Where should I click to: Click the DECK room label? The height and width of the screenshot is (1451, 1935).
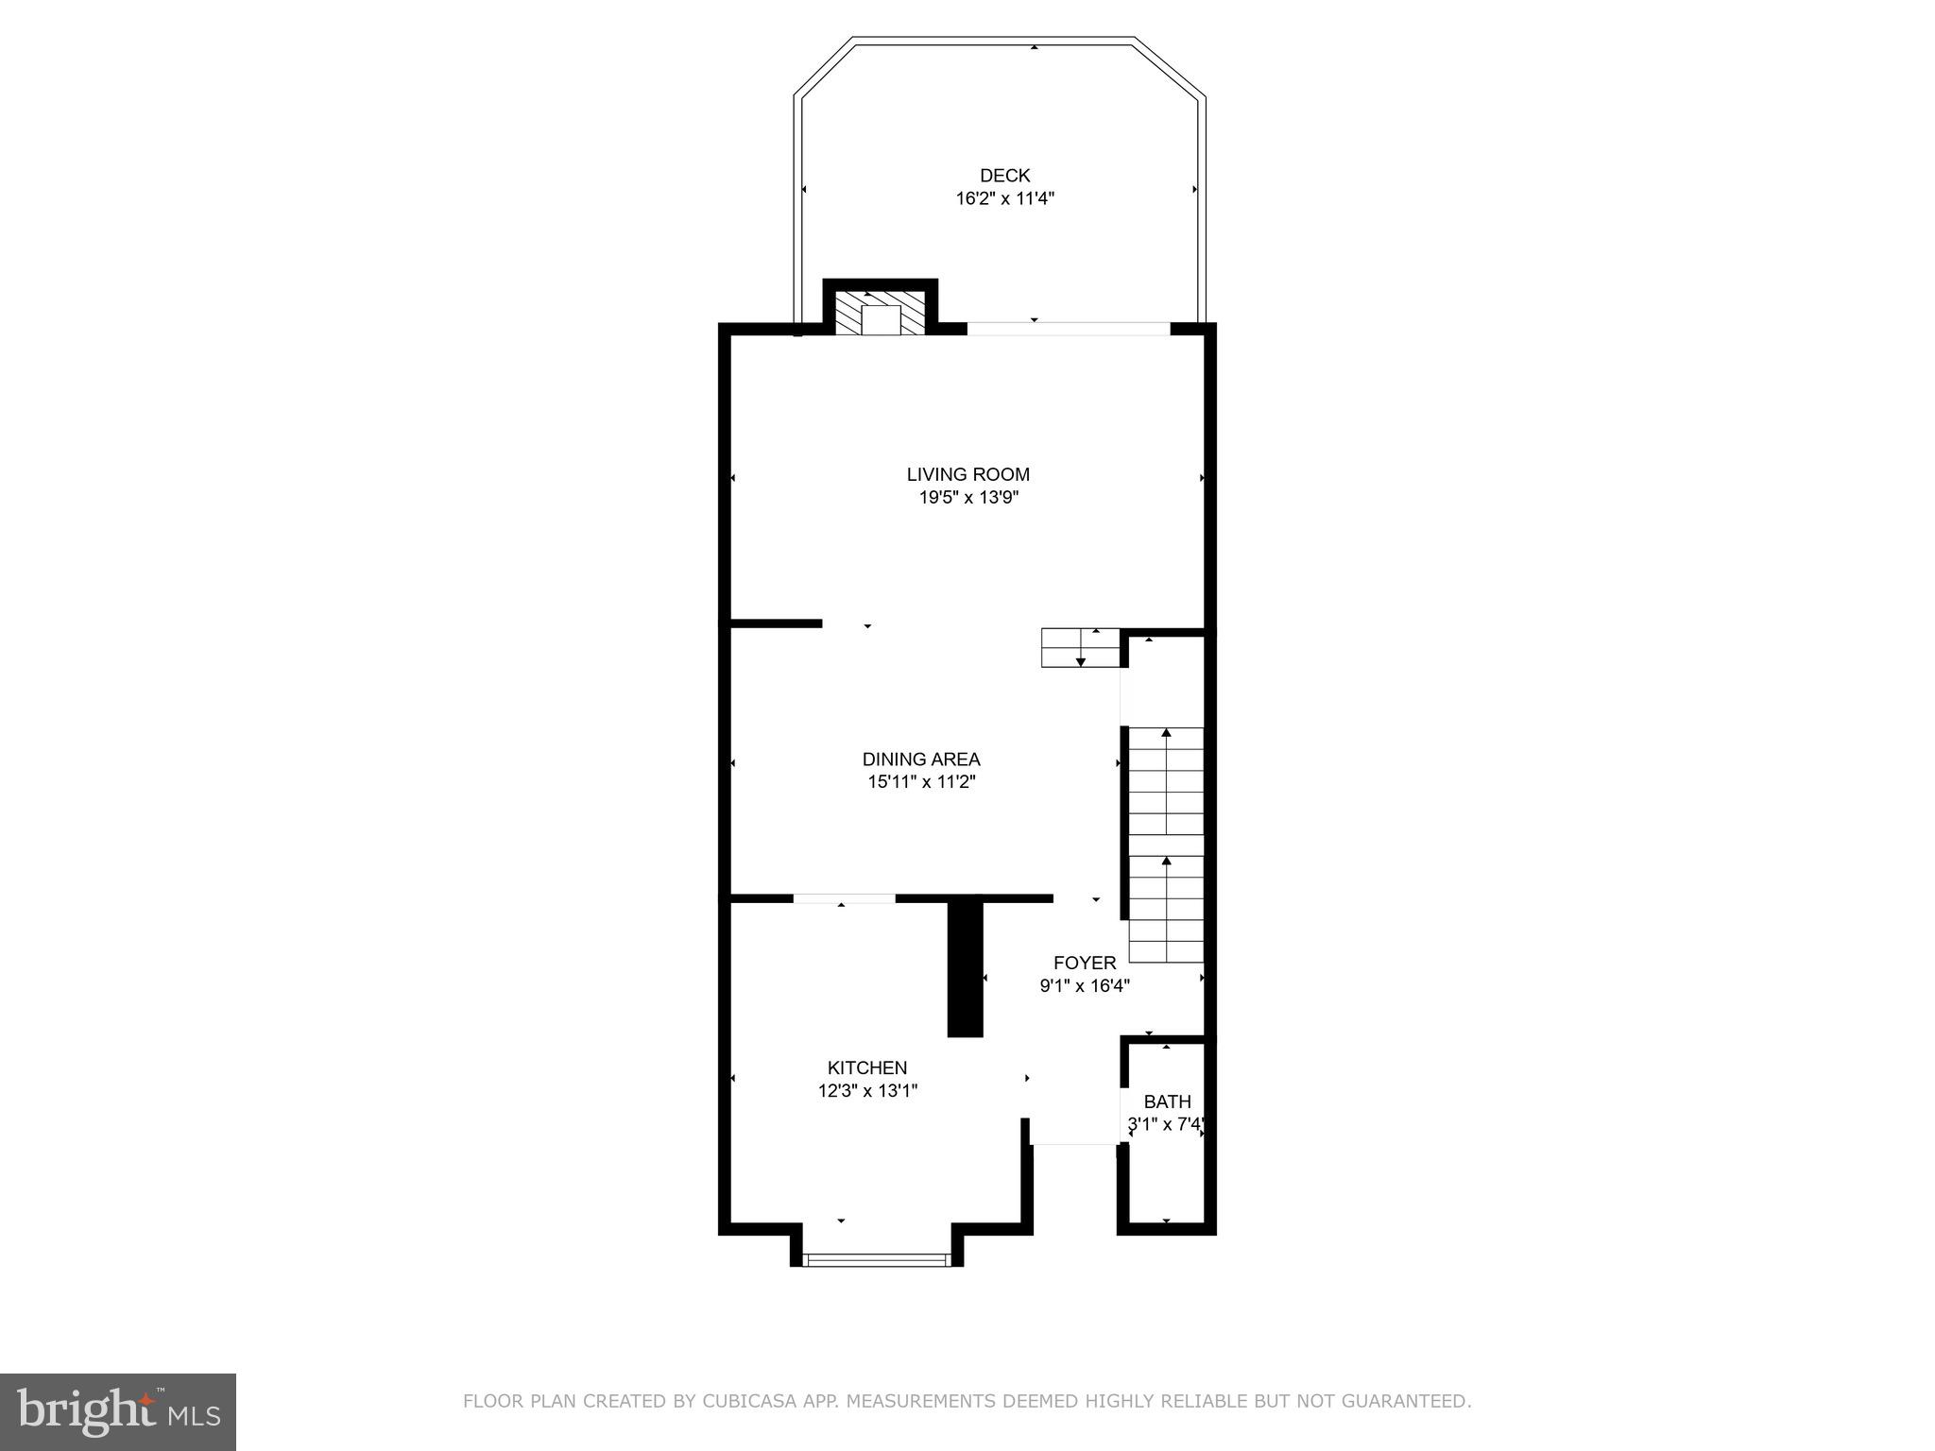click(1004, 176)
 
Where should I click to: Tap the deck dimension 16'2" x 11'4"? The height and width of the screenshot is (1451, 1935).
click(1004, 199)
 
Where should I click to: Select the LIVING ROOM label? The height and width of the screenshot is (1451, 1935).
click(968, 474)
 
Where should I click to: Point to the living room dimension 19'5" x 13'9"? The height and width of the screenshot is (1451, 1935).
click(968, 498)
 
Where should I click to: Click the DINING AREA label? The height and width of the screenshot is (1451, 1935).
click(921, 760)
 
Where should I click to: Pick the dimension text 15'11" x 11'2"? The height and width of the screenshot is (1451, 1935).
click(921, 782)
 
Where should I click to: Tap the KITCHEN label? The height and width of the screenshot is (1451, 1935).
click(867, 1068)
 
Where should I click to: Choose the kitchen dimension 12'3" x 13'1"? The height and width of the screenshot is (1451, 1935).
click(867, 1091)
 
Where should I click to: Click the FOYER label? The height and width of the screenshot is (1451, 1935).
click(1085, 963)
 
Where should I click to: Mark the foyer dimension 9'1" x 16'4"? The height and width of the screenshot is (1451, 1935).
click(1085, 986)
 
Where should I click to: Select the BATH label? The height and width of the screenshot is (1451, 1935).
click(1167, 1101)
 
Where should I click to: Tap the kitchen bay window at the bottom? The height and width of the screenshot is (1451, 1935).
click(876, 1259)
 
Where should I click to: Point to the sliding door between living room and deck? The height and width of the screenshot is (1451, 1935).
click(1068, 329)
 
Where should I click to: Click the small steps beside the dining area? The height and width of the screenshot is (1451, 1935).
click(1080, 648)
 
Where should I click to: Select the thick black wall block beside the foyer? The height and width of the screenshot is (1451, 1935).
click(966, 968)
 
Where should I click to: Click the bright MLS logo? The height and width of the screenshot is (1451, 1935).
click(118, 1411)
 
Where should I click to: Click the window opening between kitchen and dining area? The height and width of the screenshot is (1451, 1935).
click(844, 898)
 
